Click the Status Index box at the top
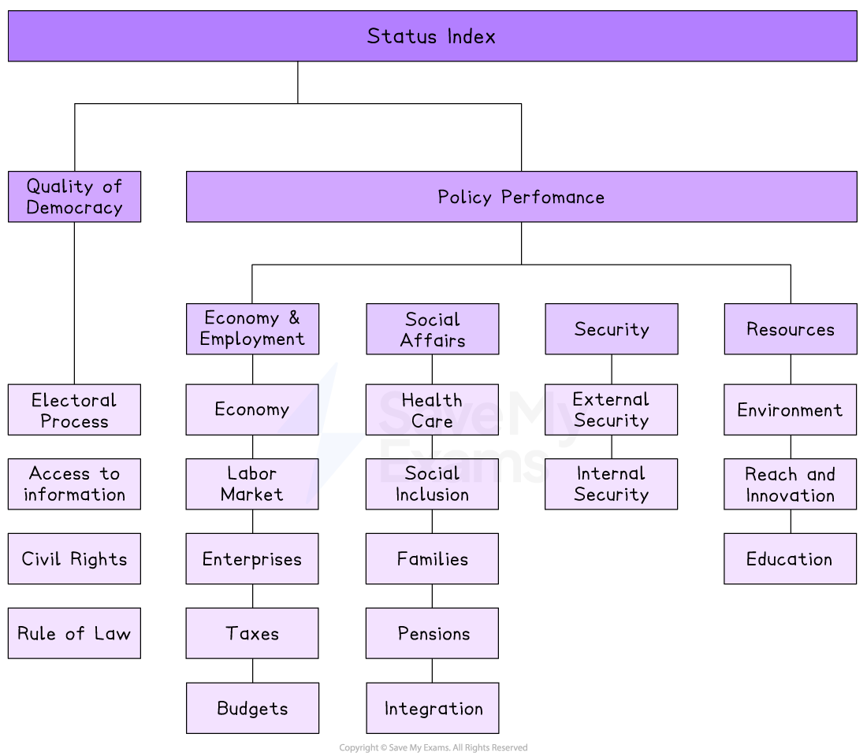click(432, 36)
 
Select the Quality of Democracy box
click(74, 197)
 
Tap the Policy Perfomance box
click(521, 197)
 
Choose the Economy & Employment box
click(252, 329)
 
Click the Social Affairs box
click(432, 329)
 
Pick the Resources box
click(790, 329)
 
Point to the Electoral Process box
click(74, 409)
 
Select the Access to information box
click(74, 484)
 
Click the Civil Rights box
click(74, 559)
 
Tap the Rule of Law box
click(74, 633)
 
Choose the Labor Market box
click(252, 484)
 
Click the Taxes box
click(252, 633)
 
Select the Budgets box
click(252, 708)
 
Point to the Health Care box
click(432, 409)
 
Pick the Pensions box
click(432, 633)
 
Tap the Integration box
click(432, 708)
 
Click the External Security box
click(611, 409)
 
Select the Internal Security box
click(611, 484)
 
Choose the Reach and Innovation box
click(790, 484)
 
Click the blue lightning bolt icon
click(335, 441)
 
